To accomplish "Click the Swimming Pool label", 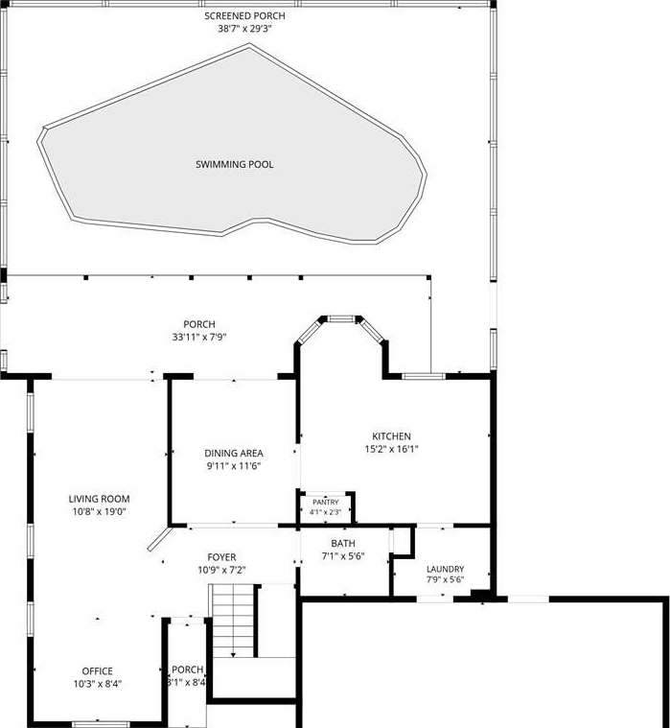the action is coord(234,164).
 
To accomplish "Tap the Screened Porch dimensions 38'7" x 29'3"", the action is coord(244,29).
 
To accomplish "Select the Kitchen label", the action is coord(392,436).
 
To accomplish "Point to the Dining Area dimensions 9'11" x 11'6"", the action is coord(234,466).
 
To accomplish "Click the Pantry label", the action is coord(326,503).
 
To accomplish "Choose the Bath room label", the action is coord(343,543).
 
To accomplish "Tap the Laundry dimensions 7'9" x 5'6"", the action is coord(446,579).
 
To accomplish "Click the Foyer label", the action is coord(221,557).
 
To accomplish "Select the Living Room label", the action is coord(100,499).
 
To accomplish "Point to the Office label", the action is coord(98,671).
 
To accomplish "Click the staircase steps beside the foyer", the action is coord(233,621).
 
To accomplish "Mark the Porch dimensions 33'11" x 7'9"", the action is coord(199,338).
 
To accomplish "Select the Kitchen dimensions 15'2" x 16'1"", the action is coord(392,450).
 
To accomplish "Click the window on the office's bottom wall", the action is coord(101,724).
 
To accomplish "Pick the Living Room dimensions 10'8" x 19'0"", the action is coord(100,512).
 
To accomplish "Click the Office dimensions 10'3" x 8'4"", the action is coord(98,684).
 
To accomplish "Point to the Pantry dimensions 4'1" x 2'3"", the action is coord(326,512).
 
